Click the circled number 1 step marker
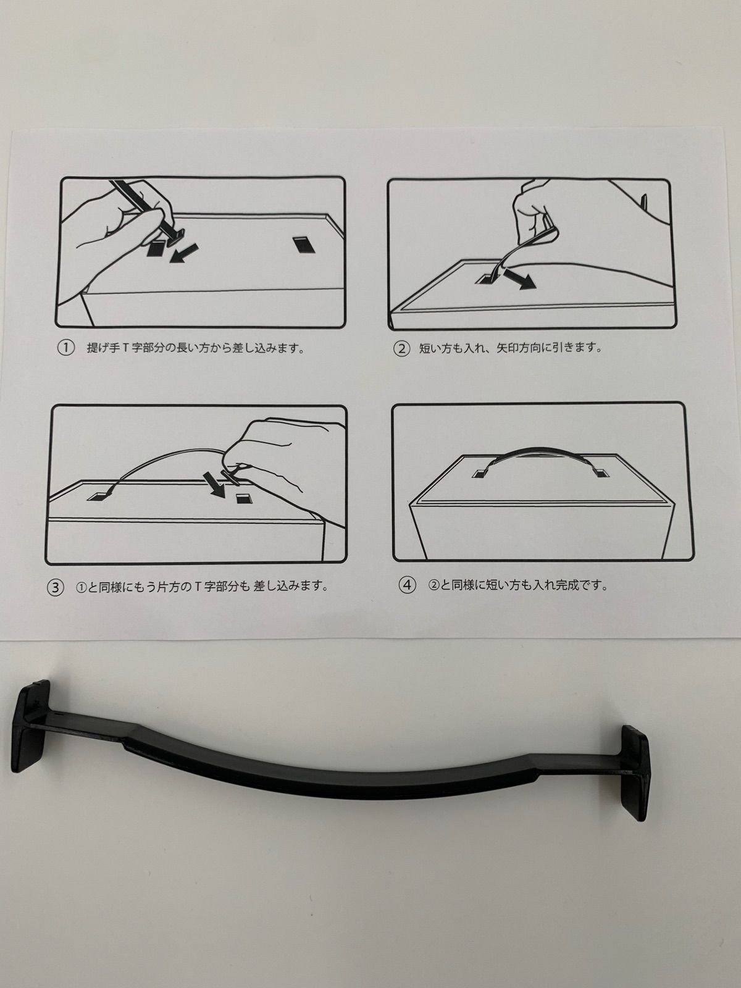click(65, 348)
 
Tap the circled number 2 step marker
click(401, 348)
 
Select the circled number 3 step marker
click(56, 587)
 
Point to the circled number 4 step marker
click(407, 585)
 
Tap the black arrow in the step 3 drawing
click(214, 484)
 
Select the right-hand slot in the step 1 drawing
click(304, 245)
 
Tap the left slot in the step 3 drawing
click(100, 496)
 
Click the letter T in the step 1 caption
click(127, 348)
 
